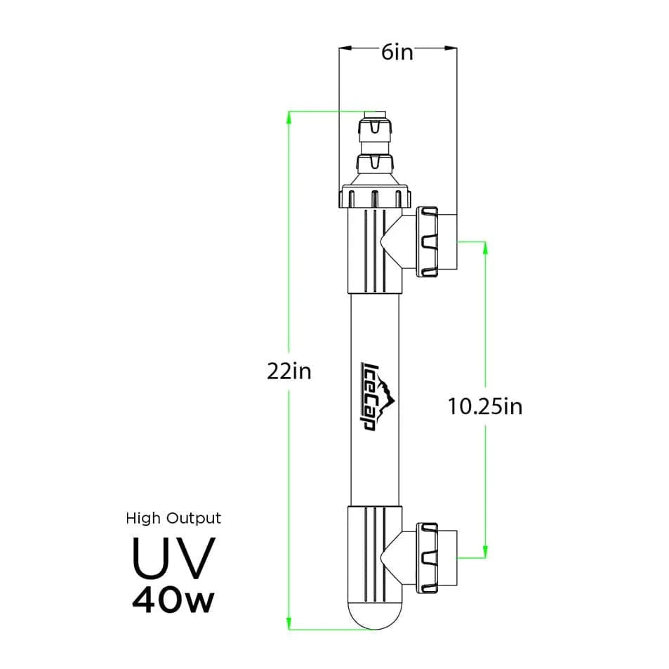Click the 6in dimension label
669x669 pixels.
pos(397,53)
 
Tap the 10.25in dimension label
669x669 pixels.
pos(485,406)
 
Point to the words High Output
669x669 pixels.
pos(173,519)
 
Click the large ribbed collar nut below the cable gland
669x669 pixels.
pos(374,197)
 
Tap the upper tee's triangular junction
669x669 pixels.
pos(391,242)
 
